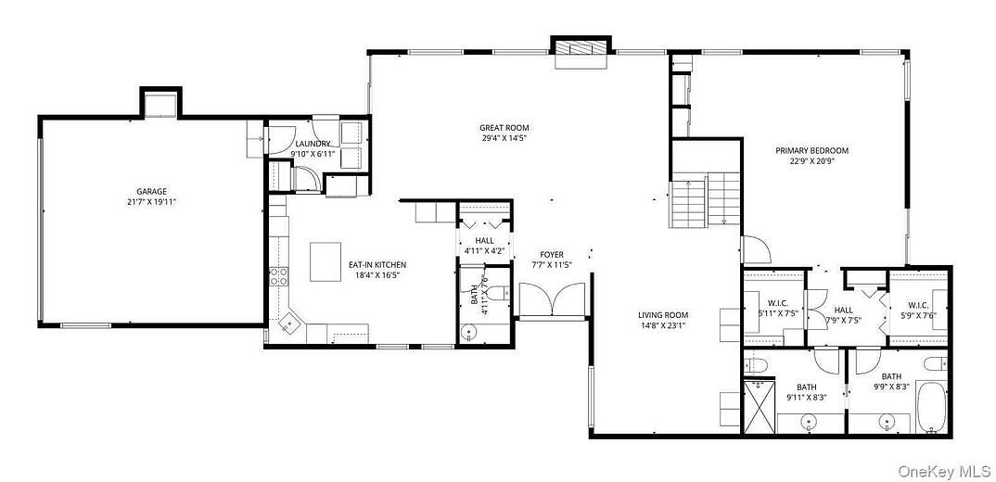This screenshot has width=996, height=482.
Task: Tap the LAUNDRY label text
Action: pyautogui.click(x=311, y=143)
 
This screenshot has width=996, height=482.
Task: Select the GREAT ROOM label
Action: pyautogui.click(x=504, y=127)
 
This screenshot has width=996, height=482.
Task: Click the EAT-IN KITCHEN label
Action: pyautogui.click(x=377, y=264)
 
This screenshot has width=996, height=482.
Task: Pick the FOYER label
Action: pyautogui.click(x=552, y=254)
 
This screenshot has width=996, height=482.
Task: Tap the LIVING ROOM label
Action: pyautogui.click(x=663, y=315)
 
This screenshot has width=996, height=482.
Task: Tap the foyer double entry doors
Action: pyautogui.click(x=552, y=300)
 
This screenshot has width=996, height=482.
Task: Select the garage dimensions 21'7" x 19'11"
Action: pyautogui.click(x=152, y=202)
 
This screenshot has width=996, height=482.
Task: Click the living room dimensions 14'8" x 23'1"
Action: pyautogui.click(x=663, y=325)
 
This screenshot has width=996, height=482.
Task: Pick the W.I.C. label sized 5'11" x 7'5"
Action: pyautogui.click(x=777, y=307)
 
